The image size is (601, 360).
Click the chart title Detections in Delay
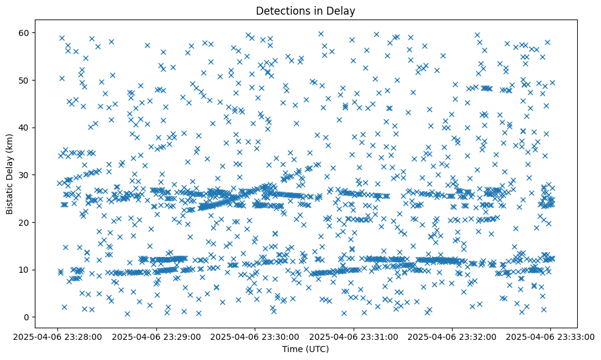(x=305, y=10)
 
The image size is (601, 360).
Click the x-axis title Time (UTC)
(x=305, y=349)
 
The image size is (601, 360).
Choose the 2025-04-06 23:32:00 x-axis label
(x=451, y=336)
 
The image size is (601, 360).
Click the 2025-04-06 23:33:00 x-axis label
(x=550, y=336)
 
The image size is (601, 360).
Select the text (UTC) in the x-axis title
(x=317, y=349)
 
